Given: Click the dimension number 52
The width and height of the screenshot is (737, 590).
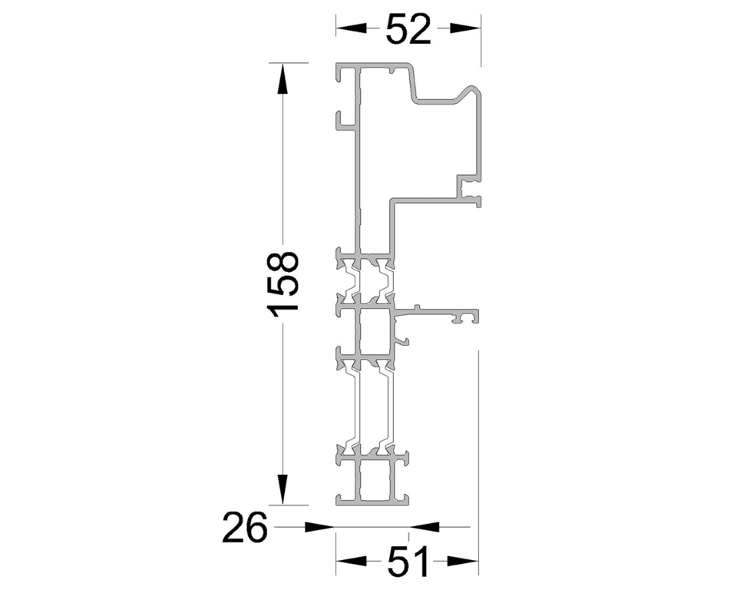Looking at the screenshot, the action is tap(408, 28).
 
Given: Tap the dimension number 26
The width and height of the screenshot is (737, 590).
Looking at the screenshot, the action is tap(244, 527).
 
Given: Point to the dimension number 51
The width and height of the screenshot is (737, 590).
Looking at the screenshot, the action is tap(408, 562).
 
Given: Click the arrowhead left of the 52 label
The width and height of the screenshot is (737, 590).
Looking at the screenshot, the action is tap(351, 28).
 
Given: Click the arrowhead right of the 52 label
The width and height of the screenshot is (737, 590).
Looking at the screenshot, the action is tap(465, 28).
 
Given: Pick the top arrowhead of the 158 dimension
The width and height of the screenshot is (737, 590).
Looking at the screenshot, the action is tap(283, 78).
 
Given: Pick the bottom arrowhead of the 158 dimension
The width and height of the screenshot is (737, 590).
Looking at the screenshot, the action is tap(283, 489).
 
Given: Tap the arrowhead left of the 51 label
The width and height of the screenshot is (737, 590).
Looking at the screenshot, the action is tap(351, 560).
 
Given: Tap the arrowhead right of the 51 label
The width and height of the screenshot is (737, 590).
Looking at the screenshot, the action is tap(463, 560).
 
